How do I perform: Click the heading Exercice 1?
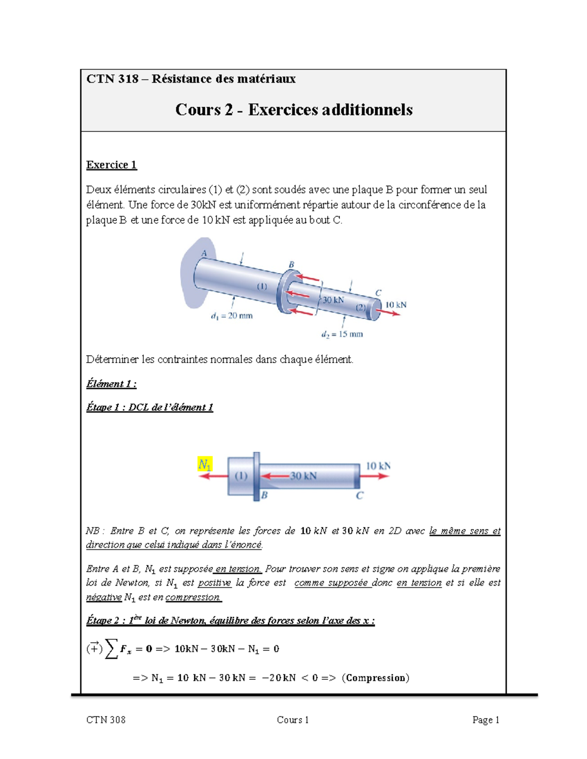(x=112, y=165)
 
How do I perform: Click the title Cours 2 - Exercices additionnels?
(x=293, y=109)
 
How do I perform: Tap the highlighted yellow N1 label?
(x=204, y=464)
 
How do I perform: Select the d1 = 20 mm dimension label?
(x=231, y=316)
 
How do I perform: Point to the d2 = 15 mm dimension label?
(x=342, y=335)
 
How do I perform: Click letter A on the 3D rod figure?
(x=204, y=253)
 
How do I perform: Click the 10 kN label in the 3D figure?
(x=396, y=304)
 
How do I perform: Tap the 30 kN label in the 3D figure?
(x=333, y=300)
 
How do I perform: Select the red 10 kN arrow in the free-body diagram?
(x=375, y=476)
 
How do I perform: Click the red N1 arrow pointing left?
(x=213, y=476)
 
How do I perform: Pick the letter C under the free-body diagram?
(x=360, y=496)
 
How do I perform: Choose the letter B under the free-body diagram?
(x=264, y=496)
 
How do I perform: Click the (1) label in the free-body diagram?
(x=241, y=476)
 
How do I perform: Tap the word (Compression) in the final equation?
(x=376, y=678)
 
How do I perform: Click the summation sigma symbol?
(x=112, y=649)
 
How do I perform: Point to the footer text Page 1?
(x=485, y=720)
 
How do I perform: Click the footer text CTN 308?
(x=106, y=720)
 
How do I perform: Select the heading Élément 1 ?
(x=111, y=384)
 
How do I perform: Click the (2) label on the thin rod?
(x=361, y=307)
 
